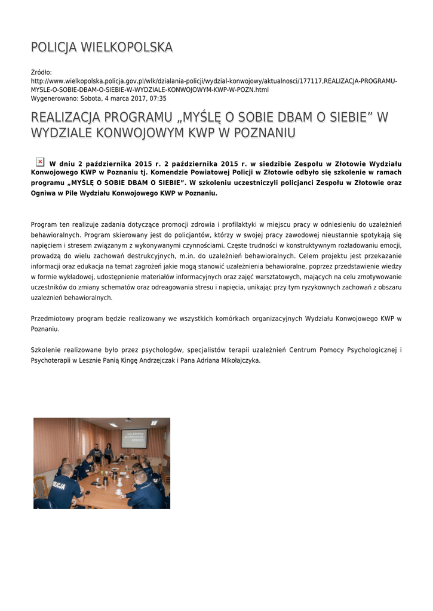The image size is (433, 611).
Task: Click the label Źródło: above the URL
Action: point(42,72)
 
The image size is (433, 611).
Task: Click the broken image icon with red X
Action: point(40,162)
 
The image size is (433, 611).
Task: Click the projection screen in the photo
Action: point(134,439)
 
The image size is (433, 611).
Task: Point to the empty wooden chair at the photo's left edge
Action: point(40,486)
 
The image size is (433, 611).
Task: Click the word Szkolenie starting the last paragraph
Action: point(47,350)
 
